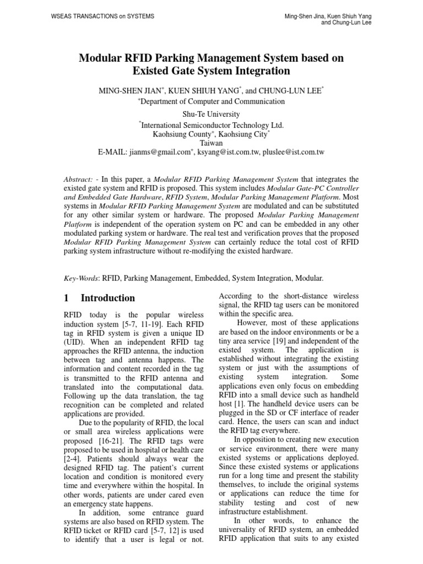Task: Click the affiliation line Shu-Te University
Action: click(211, 114)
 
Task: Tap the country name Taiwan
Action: click(211, 143)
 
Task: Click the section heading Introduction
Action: click(108, 298)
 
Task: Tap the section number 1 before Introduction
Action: click(67, 298)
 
